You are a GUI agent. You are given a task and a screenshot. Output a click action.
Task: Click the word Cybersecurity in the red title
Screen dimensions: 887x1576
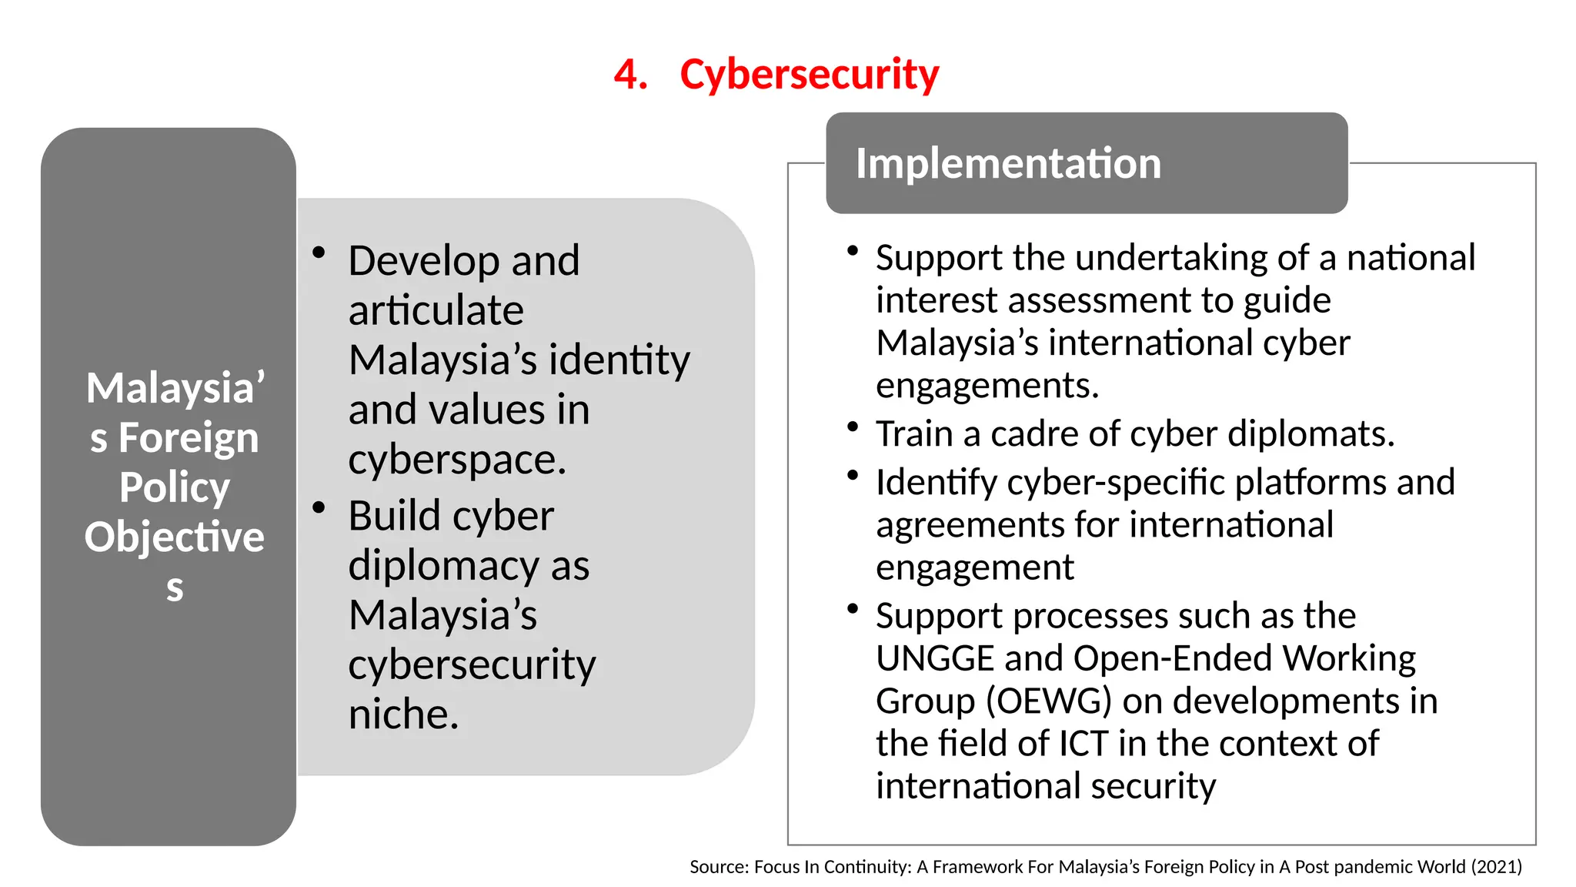pyautogui.click(x=809, y=75)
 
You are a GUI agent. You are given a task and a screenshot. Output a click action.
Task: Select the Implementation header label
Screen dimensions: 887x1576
pyautogui.click(x=1008, y=163)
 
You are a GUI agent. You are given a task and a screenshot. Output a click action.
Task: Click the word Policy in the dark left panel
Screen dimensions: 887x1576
pyautogui.click(x=175, y=487)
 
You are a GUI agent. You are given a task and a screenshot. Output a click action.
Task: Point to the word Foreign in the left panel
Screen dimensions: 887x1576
pyautogui.click(x=189, y=438)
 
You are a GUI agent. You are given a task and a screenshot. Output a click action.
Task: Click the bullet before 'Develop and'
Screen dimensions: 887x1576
pyautogui.click(x=319, y=252)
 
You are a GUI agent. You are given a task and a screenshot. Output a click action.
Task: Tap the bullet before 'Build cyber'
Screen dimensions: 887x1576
pyautogui.click(x=319, y=507)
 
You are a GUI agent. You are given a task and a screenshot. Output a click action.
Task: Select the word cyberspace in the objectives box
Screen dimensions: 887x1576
pyautogui.click(x=456, y=460)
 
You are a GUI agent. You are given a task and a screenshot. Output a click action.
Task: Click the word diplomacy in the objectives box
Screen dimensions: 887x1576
pyautogui.click(x=443, y=565)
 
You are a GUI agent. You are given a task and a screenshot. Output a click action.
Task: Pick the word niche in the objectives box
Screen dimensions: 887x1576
pyautogui.click(x=402, y=714)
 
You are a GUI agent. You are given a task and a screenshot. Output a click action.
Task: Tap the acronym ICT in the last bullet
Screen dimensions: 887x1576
pyautogui.click(x=1083, y=744)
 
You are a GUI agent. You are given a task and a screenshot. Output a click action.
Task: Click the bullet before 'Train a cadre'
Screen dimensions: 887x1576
pyautogui.click(x=852, y=426)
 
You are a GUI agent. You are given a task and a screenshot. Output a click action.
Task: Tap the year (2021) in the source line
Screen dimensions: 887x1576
pyautogui.click(x=1496, y=867)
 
